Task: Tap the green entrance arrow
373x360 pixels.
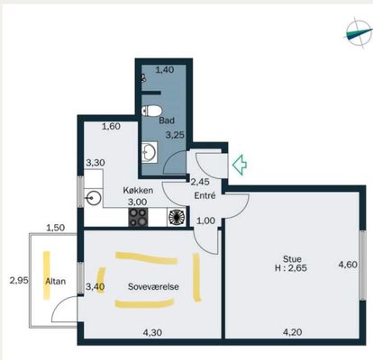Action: pos(240,165)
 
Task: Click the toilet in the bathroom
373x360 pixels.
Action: pos(151,111)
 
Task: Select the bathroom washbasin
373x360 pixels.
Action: pos(150,152)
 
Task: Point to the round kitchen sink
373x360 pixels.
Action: pos(94,198)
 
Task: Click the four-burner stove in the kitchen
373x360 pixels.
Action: pos(138,217)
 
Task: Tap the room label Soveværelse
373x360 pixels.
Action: pos(153,286)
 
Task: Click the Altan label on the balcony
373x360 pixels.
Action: pos(56,282)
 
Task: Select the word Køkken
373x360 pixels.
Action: pos(138,190)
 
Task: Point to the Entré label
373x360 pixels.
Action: pos(205,195)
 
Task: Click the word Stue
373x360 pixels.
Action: pos(292,258)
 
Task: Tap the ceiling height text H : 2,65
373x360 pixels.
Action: pos(291,267)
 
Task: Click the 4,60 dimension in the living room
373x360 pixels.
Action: pos(348,265)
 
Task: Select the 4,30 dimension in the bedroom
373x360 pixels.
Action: pos(152,332)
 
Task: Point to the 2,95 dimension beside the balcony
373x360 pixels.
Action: pos(19,281)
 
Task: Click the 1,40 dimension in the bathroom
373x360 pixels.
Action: pos(165,70)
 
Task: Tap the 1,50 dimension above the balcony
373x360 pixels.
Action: pos(56,228)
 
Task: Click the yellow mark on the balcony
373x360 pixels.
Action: pos(46,275)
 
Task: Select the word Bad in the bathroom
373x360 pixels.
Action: pos(167,121)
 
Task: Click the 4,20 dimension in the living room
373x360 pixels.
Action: pos(293,332)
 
